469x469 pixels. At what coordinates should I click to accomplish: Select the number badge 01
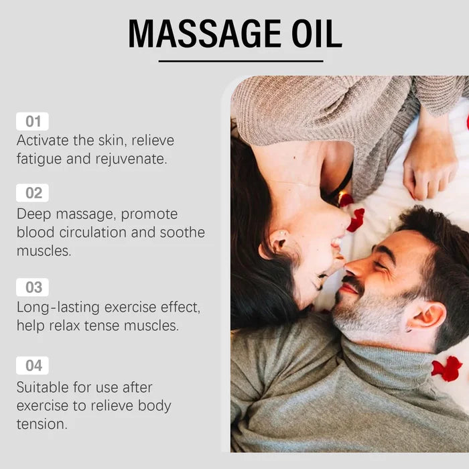pyautogui.click(x=33, y=121)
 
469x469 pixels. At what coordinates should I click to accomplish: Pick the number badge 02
pyautogui.click(x=33, y=193)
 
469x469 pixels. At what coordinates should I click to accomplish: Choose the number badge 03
pyautogui.click(x=33, y=287)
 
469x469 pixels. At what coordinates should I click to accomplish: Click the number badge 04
pyautogui.click(x=33, y=366)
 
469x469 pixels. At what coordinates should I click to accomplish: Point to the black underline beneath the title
pyautogui.click(x=241, y=61)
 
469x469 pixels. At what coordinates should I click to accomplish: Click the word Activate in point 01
pyautogui.click(x=44, y=141)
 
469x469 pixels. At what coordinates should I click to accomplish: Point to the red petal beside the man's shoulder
pyautogui.click(x=448, y=368)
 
